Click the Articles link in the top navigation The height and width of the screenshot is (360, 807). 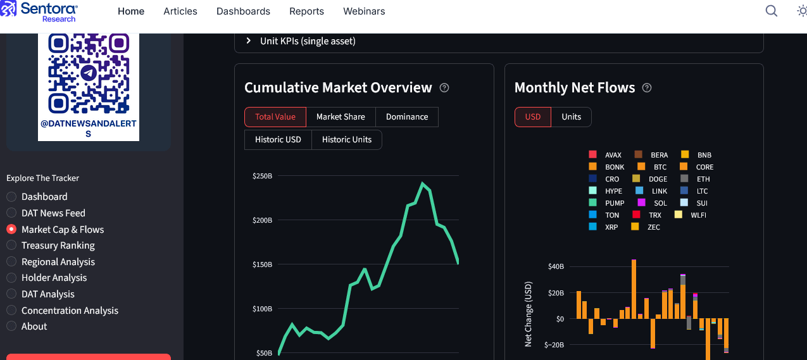pyautogui.click(x=180, y=11)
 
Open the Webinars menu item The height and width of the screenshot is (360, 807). pyautogui.click(x=364, y=11)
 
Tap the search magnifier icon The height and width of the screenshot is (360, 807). pyautogui.click(x=771, y=11)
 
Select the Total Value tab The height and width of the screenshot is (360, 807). pyautogui.click(x=275, y=117)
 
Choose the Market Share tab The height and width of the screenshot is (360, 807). pyautogui.click(x=341, y=117)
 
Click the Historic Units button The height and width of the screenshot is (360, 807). pyautogui.click(x=346, y=140)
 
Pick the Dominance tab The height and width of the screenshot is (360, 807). pyautogui.click(x=407, y=117)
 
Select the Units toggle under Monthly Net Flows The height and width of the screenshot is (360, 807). pyautogui.click(x=571, y=117)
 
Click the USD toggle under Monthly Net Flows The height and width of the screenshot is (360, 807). pyautogui.click(x=532, y=117)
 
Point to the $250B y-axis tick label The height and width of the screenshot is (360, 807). pyautogui.click(x=262, y=176)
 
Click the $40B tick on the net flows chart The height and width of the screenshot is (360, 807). pyautogui.click(x=556, y=267)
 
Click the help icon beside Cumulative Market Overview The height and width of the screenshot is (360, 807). pyautogui.click(x=444, y=88)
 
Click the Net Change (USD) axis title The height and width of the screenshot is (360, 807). pyautogui.click(x=529, y=314)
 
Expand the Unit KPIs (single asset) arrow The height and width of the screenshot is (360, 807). pyautogui.click(x=248, y=41)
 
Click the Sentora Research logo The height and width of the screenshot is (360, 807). pyautogui.click(x=42, y=11)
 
